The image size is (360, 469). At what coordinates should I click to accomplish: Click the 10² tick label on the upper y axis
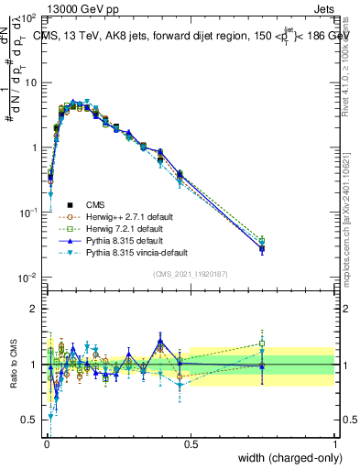tap(27, 19)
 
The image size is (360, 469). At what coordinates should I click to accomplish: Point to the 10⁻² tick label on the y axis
tap(27, 278)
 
